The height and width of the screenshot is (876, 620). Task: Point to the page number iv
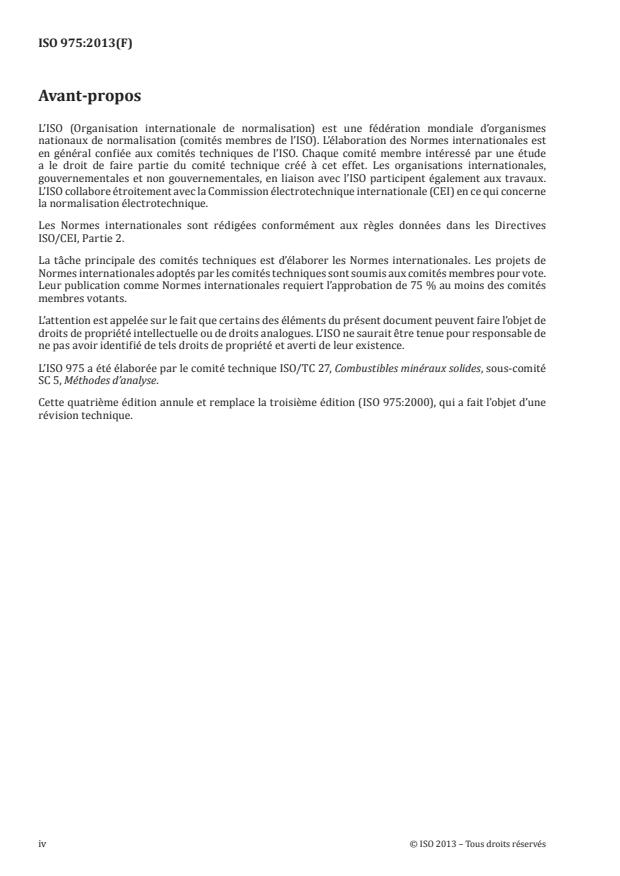coord(42,844)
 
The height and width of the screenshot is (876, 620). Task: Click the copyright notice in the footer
coord(478,844)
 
